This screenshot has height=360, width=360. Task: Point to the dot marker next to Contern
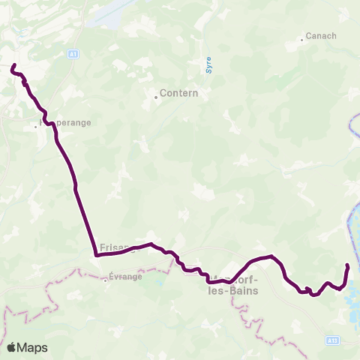pyautogui.click(x=156, y=97)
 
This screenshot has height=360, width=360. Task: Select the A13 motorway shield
pyautogui.click(x=331, y=340)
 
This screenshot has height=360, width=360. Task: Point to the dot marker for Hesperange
pyautogui.click(x=35, y=127)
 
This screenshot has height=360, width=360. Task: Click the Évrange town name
pyautogui.click(x=125, y=276)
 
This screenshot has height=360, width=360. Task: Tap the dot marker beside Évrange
pyautogui.click(x=106, y=282)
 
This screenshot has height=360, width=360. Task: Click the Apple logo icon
pyautogui.click(x=12, y=348)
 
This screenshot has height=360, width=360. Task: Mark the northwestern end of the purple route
pyautogui.click(x=12, y=67)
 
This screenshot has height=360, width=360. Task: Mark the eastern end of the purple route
pyautogui.click(x=347, y=265)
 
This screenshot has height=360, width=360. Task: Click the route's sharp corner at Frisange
pyautogui.click(x=97, y=255)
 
